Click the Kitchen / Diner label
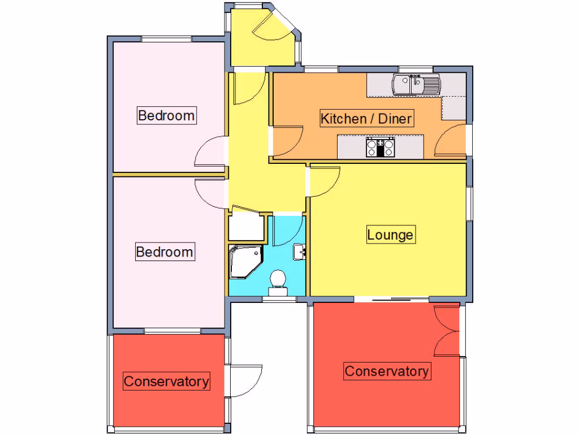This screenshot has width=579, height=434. click(366, 119)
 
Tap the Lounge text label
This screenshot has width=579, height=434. click(390, 235)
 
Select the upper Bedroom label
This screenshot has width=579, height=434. click(166, 116)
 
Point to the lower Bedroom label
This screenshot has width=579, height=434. click(165, 251)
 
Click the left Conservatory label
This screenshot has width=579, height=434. click(166, 381)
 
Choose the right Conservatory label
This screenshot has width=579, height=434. click(386, 371)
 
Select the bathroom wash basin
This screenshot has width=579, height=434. click(299, 251)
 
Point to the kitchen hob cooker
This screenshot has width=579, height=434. click(380, 147)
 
